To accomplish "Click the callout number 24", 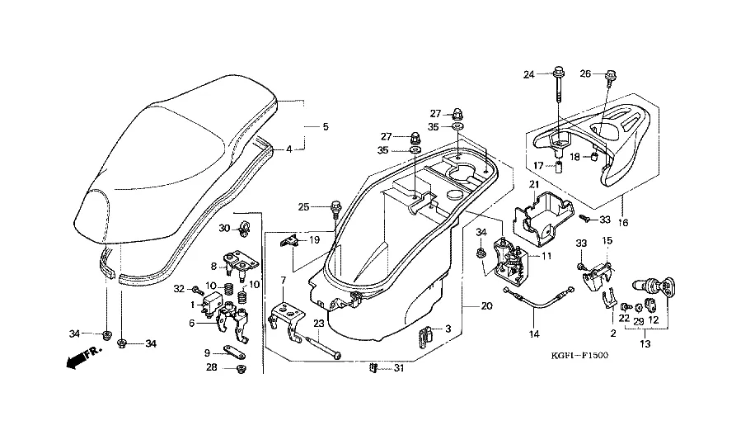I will point(530,75).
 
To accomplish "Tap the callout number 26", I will point(585,73).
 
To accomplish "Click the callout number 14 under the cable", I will point(533,335).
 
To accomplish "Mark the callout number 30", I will point(224,227).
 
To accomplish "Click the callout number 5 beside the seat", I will point(326,127).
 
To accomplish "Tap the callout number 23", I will point(319,324).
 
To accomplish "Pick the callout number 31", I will point(400,367).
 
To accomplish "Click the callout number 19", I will point(313,239).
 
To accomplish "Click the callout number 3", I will point(448,329).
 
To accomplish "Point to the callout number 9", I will point(208,352).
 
